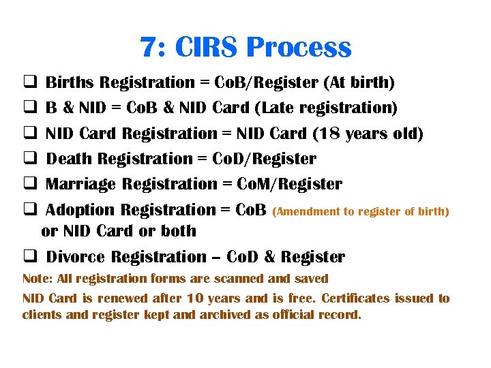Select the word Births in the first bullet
(70, 83)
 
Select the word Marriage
(82, 184)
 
